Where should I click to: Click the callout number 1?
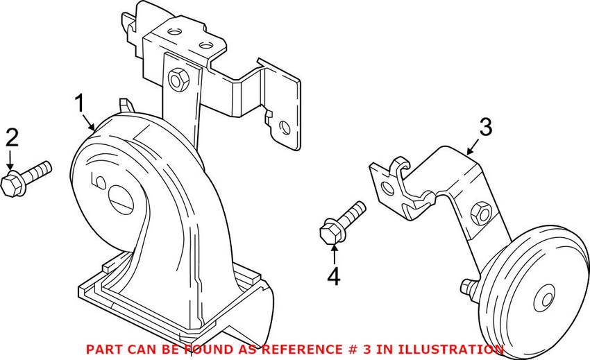[x=80, y=103]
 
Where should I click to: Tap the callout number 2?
[x=12, y=137]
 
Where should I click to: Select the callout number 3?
[x=486, y=127]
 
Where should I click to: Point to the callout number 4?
[x=334, y=277]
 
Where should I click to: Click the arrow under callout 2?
[x=10, y=160]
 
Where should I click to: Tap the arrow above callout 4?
[x=334, y=255]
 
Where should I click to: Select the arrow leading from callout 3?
[x=473, y=147]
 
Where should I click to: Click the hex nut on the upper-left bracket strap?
[x=176, y=80]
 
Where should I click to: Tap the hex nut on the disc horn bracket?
[x=481, y=213]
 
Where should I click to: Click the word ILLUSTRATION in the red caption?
[x=450, y=350]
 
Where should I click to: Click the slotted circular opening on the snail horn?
[x=121, y=198]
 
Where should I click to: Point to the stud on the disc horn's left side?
[x=468, y=286]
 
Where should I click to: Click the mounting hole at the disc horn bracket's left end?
[x=387, y=187]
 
